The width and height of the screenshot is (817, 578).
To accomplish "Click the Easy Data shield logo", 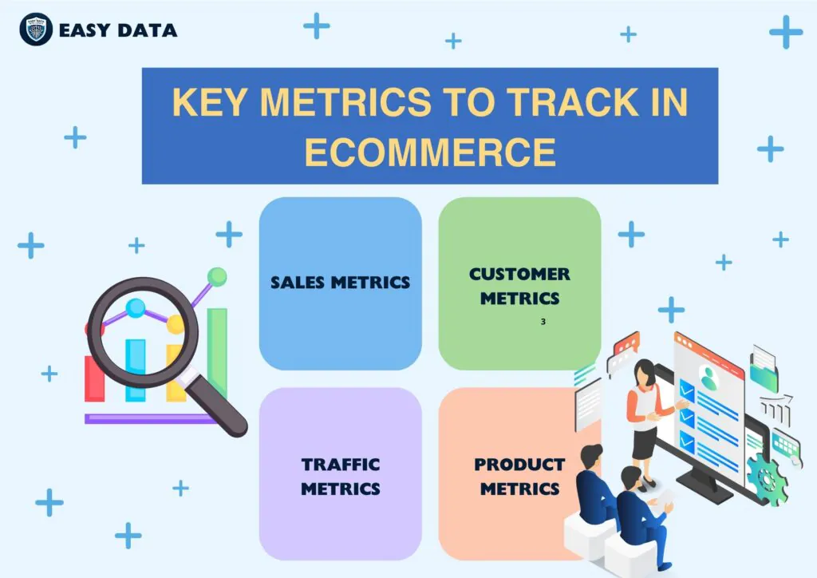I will click(36, 30).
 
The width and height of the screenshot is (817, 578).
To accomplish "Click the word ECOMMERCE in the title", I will click(430, 152).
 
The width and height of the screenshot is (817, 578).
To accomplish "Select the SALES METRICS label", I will click(340, 282).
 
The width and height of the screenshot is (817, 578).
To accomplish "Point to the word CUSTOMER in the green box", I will click(519, 274).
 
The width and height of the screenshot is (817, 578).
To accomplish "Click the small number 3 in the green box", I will click(543, 322).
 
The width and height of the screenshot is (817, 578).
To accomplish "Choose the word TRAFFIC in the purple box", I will click(341, 464).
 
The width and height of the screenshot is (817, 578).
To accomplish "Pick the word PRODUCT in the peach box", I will click(519, 464).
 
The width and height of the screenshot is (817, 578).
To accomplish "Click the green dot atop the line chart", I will click(216, 277).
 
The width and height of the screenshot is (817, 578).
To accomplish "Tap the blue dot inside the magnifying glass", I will click(136, 307).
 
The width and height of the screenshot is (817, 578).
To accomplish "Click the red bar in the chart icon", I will click(94, 379).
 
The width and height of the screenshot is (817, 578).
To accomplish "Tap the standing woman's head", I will click(643, 372).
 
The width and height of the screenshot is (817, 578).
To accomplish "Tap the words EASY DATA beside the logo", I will click(118, 31).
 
